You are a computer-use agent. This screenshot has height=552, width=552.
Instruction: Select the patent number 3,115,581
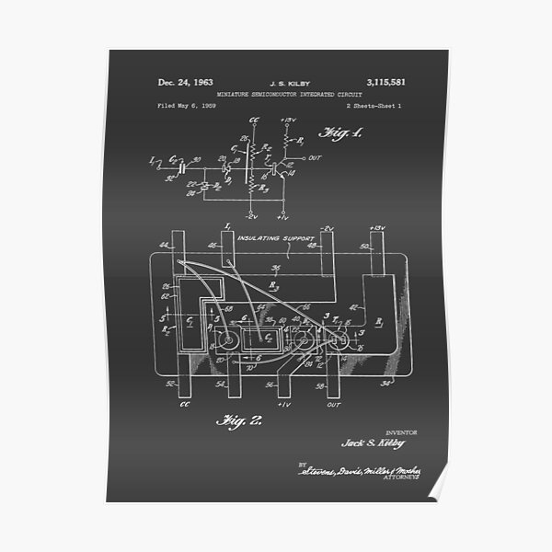[x=385, y=83]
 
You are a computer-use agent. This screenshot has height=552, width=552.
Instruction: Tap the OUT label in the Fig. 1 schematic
[x=316, y=157]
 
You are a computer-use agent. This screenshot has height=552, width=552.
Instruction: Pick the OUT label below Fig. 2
[x=334, y=402]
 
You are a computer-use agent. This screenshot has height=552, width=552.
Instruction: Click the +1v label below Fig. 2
[x=282, y=402]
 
